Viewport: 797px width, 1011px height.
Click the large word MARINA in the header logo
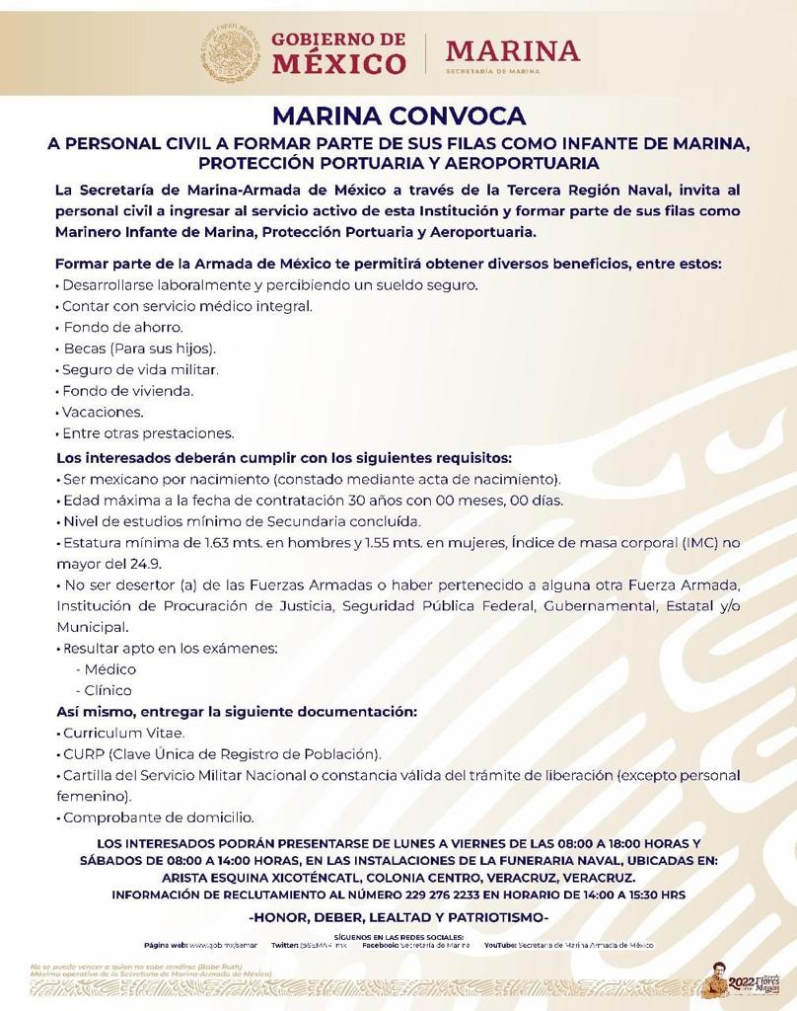[x=513, y=50]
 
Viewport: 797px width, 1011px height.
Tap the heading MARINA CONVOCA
[x=398, y=117]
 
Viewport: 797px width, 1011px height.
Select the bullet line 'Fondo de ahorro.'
[x=122, y=327]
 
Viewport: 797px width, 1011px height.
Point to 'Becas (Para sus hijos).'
[x=138, y=349]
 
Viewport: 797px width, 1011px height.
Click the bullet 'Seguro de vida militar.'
[x=139, y=369]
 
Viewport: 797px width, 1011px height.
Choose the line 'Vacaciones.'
[x=103, y=412]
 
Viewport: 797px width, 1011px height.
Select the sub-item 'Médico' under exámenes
[x=110, y=668]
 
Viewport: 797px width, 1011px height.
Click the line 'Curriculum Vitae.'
[x=123, y=733]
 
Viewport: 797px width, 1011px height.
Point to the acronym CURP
[x=83, y=754]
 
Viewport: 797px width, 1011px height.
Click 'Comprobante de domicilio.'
[x=158, y=817]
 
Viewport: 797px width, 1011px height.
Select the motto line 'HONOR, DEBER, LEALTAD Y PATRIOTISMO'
[x=398, y=917]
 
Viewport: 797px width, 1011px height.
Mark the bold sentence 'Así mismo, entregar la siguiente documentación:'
[x=237, y=712]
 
